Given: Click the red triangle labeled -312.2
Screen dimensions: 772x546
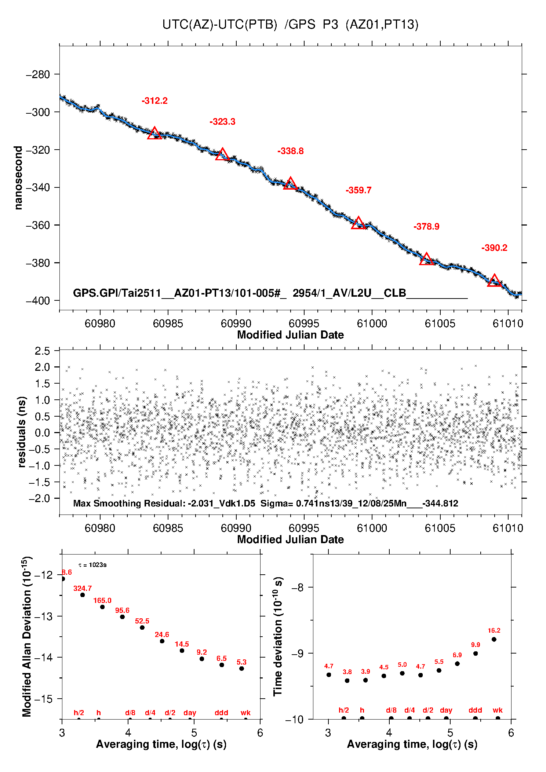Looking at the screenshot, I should coord(154,133).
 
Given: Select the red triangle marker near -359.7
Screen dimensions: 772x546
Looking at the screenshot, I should coord(358,223).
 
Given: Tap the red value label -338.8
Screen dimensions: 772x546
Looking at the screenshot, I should coord(290,151).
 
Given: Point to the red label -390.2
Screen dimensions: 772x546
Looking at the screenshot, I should coord(494,248).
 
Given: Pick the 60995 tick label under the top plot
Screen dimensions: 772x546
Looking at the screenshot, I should coord(304,323).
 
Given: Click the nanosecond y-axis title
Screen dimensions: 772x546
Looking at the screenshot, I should coord(18,178).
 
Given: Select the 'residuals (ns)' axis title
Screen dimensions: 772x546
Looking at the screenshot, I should coord(22,432).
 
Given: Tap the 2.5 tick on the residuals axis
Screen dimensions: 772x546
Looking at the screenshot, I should coord(42,351).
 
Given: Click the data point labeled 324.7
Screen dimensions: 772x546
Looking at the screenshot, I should coord(83,595).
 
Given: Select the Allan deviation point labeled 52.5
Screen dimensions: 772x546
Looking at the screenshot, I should coord(142,628).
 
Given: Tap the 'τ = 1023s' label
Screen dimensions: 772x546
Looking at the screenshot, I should coord(92,565).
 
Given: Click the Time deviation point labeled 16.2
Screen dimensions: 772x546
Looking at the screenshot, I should coord(494,639).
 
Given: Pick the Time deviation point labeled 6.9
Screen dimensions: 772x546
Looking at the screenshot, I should coord(457,663).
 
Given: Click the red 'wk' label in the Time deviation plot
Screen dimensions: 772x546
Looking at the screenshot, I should coord(498,710).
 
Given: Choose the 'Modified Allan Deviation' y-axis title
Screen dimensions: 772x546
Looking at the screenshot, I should coord(26,636).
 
